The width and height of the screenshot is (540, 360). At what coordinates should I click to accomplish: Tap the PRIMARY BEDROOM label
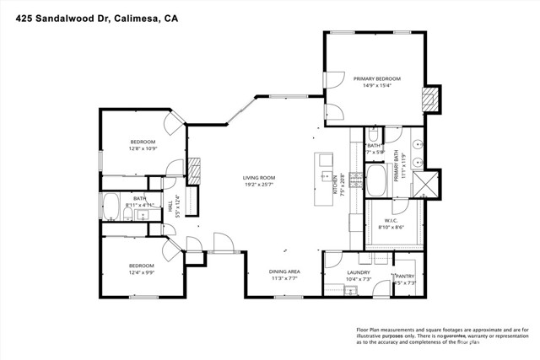pyautogui.click(x=376, y=78)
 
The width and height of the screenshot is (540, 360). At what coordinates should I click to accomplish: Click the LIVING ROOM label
pyautogui.click(x=259, y=178)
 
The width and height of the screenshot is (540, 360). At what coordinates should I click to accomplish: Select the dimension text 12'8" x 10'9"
pyautogui.click(x=143, y=148)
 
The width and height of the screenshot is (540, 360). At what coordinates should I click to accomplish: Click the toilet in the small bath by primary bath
pyautogui.click(x=372, y=134)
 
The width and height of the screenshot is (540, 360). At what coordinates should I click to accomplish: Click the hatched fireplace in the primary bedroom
pyautogui.click(x=431, y=97)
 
